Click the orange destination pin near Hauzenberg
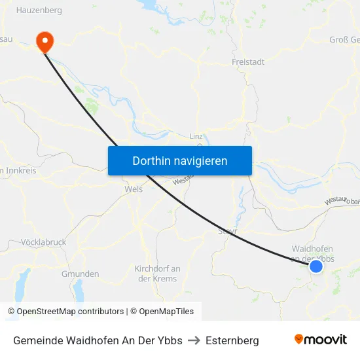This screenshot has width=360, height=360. (45, 41)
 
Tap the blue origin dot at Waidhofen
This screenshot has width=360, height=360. (316, 266)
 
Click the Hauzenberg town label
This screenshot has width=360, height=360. (39, 10)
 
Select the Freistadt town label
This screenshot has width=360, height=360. (248, 62)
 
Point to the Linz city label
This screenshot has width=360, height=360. (196, 136)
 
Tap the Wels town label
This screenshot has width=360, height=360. (133, 189)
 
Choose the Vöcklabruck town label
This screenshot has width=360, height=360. (43, 242)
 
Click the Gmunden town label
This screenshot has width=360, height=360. (80, 274)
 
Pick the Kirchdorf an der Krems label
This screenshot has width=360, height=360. (157, 274)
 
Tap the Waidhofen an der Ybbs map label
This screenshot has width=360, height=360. (312, 253)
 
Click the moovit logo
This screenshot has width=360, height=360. (320, 340)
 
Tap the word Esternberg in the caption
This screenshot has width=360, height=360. (232, 340)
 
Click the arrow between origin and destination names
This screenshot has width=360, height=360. (194, 340)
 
